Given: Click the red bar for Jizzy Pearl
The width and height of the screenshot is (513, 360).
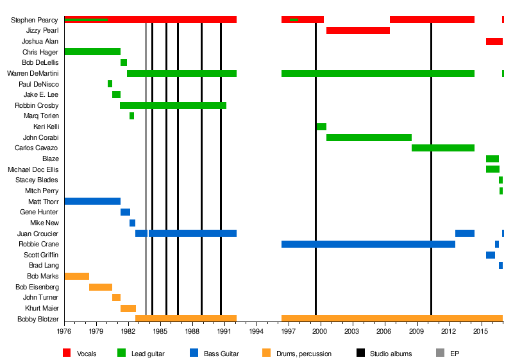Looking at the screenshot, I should pos(358,30).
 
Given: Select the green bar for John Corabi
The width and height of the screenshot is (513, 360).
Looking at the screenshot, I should pos(369,137).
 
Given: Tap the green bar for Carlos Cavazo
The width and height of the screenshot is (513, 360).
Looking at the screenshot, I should pos(442,148).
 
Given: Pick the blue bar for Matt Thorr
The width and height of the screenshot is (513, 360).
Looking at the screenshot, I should pos(92,201).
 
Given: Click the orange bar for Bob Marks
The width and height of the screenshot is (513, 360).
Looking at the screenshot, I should pos(77,276).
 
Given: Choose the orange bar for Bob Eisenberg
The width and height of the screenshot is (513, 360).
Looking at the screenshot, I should pos(101,287).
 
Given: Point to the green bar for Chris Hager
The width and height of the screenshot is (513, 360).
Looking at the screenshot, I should pos(92,51).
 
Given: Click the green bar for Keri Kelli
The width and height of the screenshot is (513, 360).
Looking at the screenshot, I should pos(321,126).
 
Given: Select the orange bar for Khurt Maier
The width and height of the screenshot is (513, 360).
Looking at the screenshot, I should pos(128,308).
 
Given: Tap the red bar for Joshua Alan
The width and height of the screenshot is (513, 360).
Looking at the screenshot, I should pos(494,41).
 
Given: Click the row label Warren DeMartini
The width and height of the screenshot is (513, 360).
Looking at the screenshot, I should pos(33,73).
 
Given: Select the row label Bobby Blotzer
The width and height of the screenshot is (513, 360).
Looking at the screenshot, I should pos(38,319).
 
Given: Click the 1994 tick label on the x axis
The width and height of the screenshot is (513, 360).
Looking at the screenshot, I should pos(256,331).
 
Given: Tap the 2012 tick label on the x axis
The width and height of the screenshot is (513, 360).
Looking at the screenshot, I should pos(448,331).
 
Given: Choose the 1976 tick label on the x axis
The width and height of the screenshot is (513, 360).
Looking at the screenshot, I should pos(65,331).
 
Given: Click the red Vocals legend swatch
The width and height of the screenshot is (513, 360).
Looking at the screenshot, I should pos(67,353).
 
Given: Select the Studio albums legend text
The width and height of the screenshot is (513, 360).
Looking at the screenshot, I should pos(391,354).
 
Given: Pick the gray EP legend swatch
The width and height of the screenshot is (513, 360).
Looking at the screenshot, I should pos(439,353).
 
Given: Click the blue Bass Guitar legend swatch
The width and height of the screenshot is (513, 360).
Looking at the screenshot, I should pos(194,353).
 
